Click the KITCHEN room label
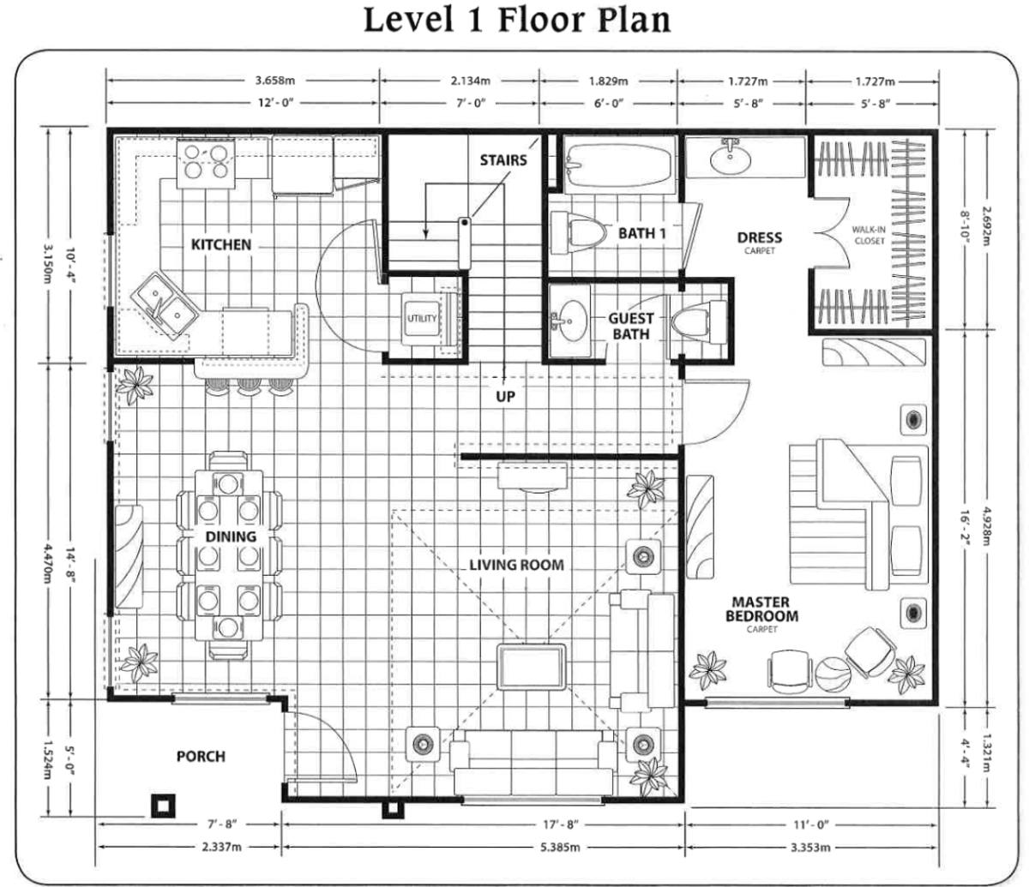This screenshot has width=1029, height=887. coord(221,244)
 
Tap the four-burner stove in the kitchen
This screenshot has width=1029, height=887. coord(206,163)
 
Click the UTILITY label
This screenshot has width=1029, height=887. coord(422,319)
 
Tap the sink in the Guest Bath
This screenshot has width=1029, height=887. coord(568,320)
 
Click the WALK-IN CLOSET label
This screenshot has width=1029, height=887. coord(870,236)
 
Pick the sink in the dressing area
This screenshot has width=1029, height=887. coord(730,157)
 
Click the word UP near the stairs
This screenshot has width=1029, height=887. coord(505,397)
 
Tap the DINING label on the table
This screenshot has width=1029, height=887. coord(231,536)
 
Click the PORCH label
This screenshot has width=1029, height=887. coord(202,756)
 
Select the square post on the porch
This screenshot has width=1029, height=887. coord(163,806)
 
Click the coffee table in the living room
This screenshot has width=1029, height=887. coord(532,667)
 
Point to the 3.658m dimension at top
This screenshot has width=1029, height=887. coord(274,80)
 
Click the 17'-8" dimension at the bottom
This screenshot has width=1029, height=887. coord(560,824)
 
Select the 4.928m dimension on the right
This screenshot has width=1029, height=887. coord(988,526)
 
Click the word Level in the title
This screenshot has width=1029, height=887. coord(408,20)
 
